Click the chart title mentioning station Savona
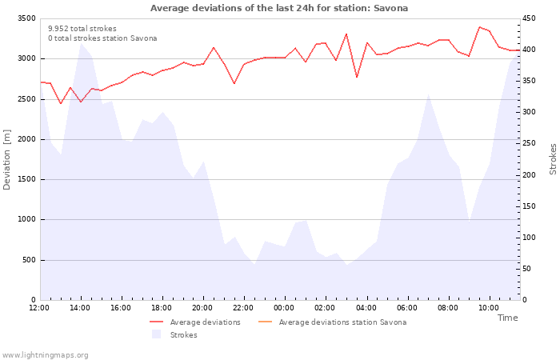click(279, 8)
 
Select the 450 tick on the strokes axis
click(530, 18)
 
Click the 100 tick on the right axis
click(530, 238)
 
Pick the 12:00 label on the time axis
click(39, 307)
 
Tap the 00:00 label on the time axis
click(284, 307)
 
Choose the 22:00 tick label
click(243, 307)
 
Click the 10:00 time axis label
click(488, 307)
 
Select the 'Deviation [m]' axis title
click(8, 159)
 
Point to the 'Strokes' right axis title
click(553, 159)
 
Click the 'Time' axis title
click(507, 318)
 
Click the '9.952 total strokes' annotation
click(82, 29)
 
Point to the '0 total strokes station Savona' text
click(102, 38)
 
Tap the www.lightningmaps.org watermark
click(46, 355)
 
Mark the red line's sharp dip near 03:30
click(357, 77)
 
